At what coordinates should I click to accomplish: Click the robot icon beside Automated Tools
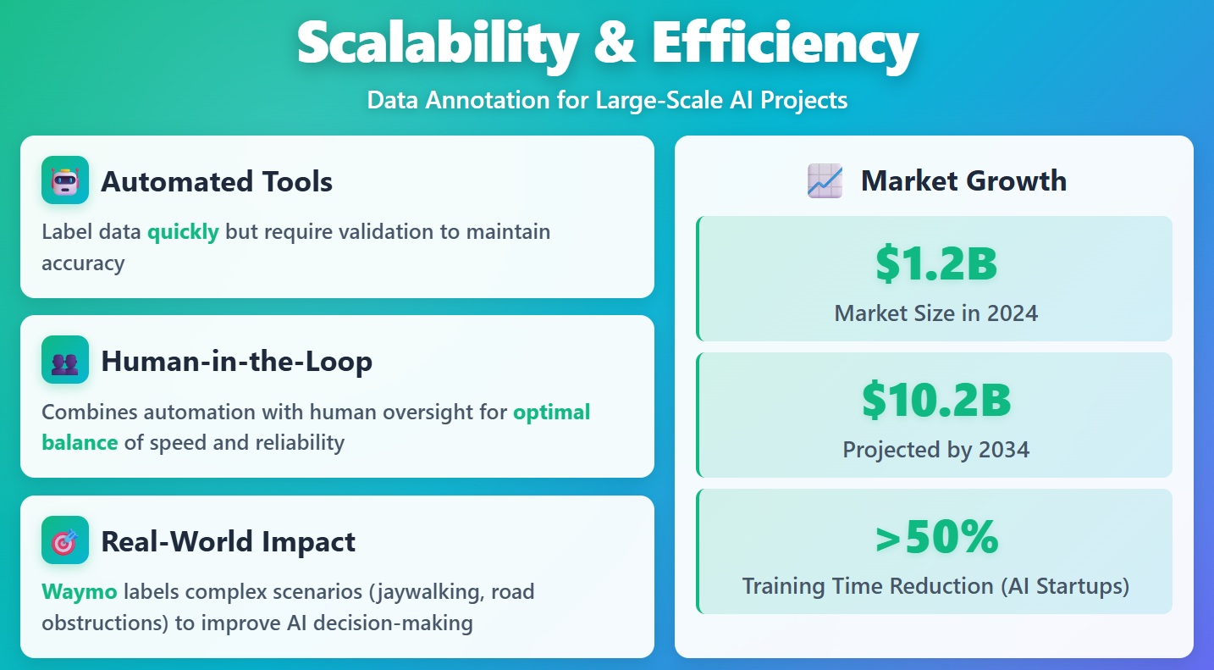(64, 180)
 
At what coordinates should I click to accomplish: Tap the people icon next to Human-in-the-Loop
(64, 361)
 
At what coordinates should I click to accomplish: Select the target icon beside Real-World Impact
(64, 540)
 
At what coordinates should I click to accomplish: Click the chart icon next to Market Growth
(825, 180)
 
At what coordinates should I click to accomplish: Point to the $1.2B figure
(935, 263)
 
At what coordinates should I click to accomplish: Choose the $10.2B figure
(935, 400)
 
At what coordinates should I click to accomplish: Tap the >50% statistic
(935, 537)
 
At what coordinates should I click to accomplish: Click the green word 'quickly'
(183, 231)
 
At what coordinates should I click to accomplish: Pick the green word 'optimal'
(551, 412)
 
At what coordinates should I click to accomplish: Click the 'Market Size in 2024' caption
(935, 313)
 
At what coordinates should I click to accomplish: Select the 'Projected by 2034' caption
(935, 449)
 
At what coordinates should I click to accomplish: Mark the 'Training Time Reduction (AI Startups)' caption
(935, 585)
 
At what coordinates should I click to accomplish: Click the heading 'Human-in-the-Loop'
(236, 362)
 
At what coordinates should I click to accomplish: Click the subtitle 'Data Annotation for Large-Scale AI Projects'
(607, 100)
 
